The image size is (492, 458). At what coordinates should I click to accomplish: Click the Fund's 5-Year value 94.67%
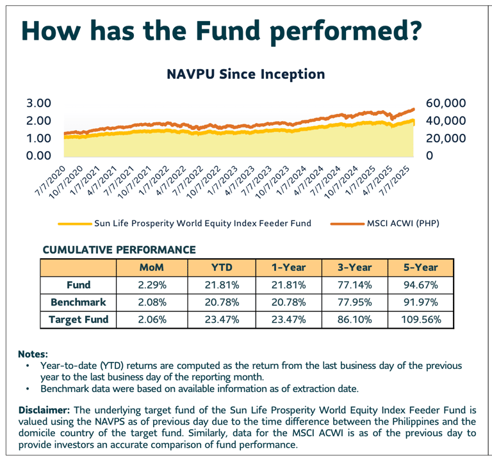[419, 284]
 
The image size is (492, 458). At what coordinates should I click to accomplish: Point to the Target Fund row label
[79, 318]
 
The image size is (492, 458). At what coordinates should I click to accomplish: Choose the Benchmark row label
[79, 302]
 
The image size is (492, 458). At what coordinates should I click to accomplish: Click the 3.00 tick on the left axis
[38, 103]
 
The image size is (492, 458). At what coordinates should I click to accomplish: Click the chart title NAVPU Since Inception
[245, 74]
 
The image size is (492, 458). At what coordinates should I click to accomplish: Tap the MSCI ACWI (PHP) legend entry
[404, 223]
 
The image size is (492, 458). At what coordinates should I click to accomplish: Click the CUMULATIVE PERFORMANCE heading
[119, 249]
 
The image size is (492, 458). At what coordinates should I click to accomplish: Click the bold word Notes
[33, 353]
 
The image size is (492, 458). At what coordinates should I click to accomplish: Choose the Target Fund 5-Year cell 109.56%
[419, 318]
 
